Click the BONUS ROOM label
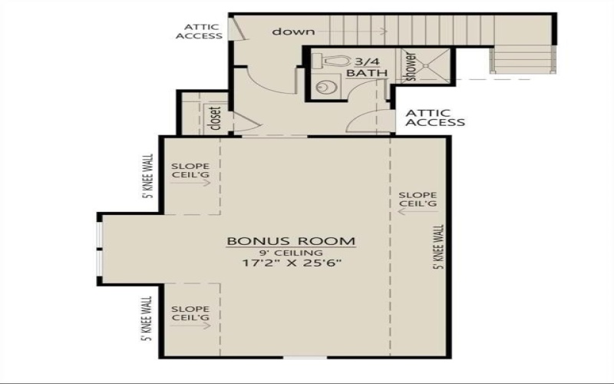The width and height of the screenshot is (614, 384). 291,241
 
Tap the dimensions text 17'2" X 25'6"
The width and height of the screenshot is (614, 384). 291,263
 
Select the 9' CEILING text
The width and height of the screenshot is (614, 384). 291,253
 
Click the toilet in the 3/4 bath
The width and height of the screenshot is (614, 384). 335,60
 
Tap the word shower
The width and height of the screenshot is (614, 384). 411,67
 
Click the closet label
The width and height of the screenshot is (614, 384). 214,118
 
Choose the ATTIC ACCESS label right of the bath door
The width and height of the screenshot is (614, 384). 434,117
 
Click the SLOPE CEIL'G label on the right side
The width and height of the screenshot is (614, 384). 418,200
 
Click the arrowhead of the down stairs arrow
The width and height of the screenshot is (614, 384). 383,31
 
